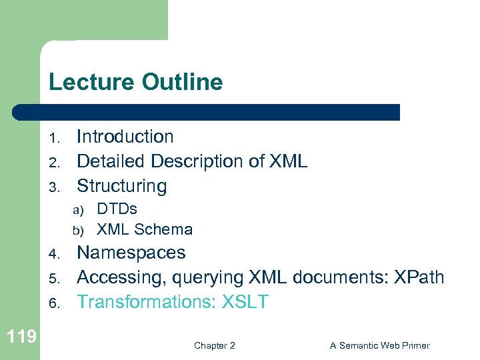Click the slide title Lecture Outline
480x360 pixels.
[x=135, y=83]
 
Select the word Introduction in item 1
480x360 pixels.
[x=125, y=137]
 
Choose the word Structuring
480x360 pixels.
[x=121, y=186]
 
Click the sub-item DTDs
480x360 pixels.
[x=117, y=209]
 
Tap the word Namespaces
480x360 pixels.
[x=131, y=253]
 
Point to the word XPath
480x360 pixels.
[x=419, y=277]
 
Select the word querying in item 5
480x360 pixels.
[x=209, y=278]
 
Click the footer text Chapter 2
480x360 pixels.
[x=214, y=345]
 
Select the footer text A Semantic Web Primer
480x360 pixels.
[x=379, y=345]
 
